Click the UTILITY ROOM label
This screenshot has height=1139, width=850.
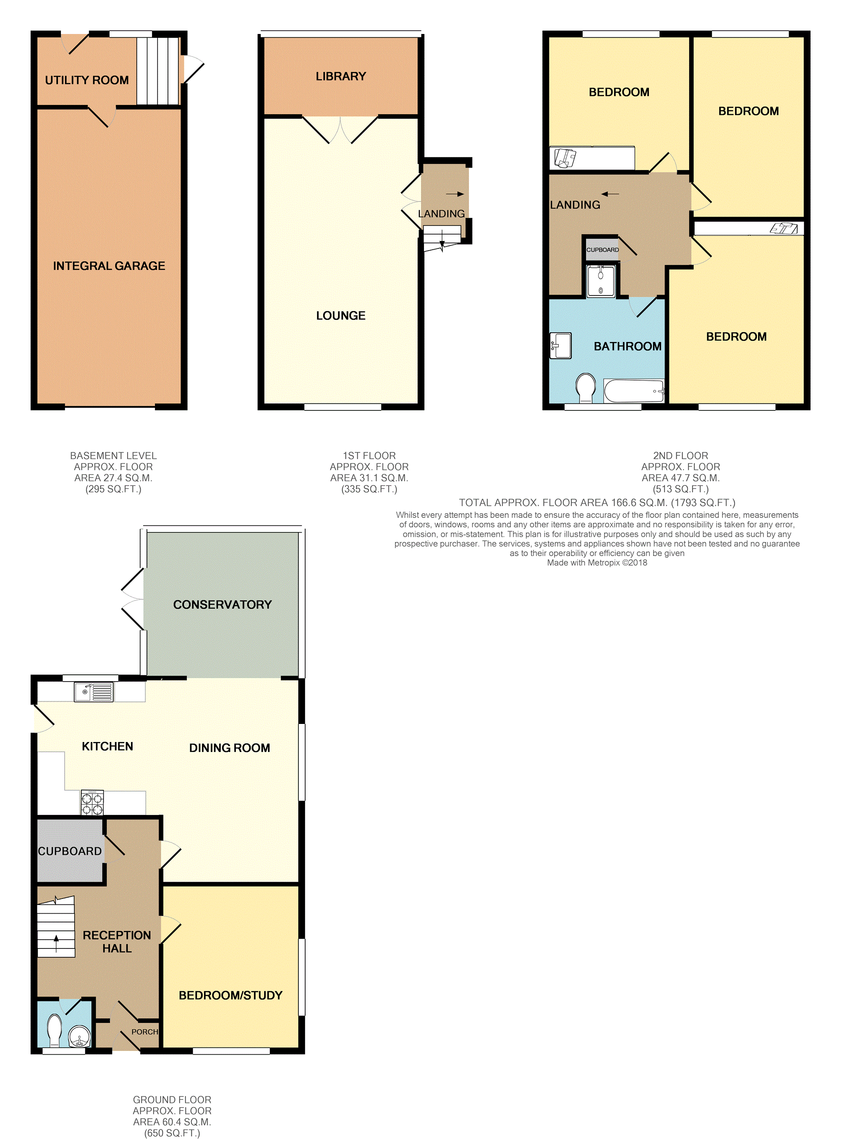(x=86, y=80)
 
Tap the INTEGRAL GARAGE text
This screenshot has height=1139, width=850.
(x=109, y=266)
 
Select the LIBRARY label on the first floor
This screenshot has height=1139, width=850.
(x=340, y=76)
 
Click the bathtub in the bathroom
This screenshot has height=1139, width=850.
(x=634, y=391)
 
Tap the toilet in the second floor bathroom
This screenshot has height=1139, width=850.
(x=586, y=387)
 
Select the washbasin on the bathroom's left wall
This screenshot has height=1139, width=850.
(x=560, y=346)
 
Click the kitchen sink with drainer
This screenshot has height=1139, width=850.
(x=94, y=692)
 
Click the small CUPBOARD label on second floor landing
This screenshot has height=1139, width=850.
(x=602, y=250)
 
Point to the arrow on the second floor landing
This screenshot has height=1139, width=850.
(x=610, y=194)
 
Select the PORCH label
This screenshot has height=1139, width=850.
(x=144, y=1032)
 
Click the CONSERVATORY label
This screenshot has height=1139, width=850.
(x=222, y=604)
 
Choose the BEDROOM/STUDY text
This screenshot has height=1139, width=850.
(x=230, y=995)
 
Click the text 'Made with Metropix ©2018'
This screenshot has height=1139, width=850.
(x=597, y=563)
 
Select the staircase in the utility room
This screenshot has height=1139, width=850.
(x=157, y=71)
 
